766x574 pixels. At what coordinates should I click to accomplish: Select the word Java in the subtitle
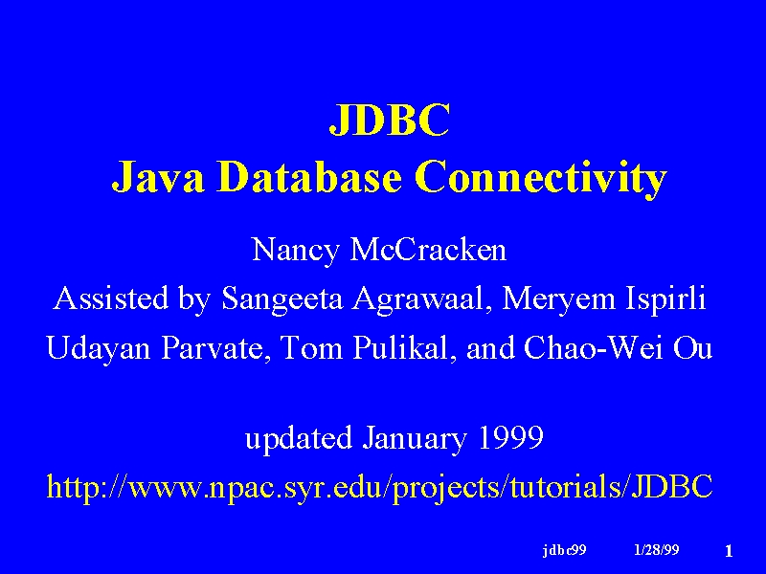pos(158,177)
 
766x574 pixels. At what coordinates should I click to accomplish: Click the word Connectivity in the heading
pos(541,179)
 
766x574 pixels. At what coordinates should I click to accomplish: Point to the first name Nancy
pos(295,251)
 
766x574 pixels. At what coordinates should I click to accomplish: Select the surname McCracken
pos(428,249)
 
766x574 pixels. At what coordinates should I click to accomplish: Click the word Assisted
pos(111,298)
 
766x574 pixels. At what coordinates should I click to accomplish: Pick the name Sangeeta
pos(282,299)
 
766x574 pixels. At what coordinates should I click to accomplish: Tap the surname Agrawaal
pos(421,299)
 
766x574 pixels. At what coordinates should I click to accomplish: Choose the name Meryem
pos(558,299)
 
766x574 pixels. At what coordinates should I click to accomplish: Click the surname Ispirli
pos(665,299)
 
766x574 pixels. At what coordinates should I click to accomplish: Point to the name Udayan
pos(99,349)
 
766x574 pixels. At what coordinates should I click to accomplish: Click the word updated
pos(299,438)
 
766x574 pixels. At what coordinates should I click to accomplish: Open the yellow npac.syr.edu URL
pos(379,487)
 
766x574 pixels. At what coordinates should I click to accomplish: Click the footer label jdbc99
pos(564,550)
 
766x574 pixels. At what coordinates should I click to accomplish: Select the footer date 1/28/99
pos(657,550)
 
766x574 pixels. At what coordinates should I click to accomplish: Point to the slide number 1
pos(729,552)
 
